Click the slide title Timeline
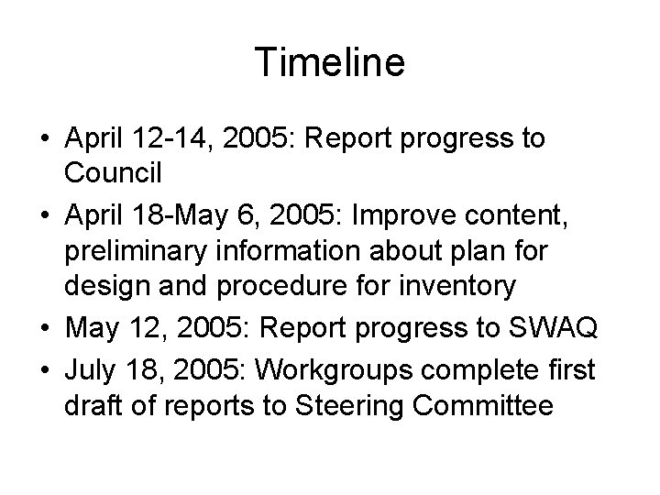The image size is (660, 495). point(330,63)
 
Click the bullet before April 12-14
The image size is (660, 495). point(45,140)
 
